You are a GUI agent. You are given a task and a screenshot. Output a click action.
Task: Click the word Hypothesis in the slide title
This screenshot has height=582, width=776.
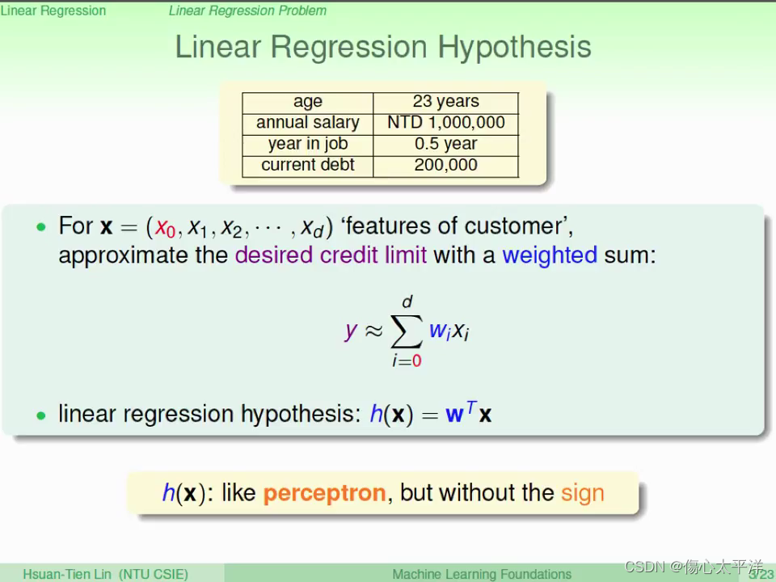[514, 48]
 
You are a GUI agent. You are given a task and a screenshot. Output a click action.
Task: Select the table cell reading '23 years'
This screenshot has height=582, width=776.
[445, 102]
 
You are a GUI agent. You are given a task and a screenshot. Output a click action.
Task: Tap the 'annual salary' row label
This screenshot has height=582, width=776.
[307, 123]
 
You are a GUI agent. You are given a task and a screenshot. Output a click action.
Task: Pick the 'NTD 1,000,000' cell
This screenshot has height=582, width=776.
[445, 123]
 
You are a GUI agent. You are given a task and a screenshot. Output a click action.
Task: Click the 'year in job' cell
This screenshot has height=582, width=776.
[307, 144]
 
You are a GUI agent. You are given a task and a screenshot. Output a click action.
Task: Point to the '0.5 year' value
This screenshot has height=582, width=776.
[445, 144]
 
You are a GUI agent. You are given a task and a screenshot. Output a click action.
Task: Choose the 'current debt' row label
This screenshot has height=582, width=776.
[307, 165]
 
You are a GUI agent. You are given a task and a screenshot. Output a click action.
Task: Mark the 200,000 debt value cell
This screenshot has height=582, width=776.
[445, 165]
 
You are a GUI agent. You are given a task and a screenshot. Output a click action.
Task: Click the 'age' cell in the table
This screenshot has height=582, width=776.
[307, 102]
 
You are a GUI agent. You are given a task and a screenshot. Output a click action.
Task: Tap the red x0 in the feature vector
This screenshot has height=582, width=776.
[166, 228]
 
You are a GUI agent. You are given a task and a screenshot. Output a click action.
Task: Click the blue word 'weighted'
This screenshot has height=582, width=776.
[550, 255]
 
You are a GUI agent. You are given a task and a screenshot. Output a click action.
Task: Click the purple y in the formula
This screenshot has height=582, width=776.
[351, 330]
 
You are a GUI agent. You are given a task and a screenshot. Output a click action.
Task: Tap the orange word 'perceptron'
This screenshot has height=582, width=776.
[324, 493]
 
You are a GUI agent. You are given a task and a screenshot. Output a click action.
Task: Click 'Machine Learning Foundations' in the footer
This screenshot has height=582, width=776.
[482, 574]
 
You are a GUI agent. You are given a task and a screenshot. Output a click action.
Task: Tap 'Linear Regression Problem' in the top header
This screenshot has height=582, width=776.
[247, 11]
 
